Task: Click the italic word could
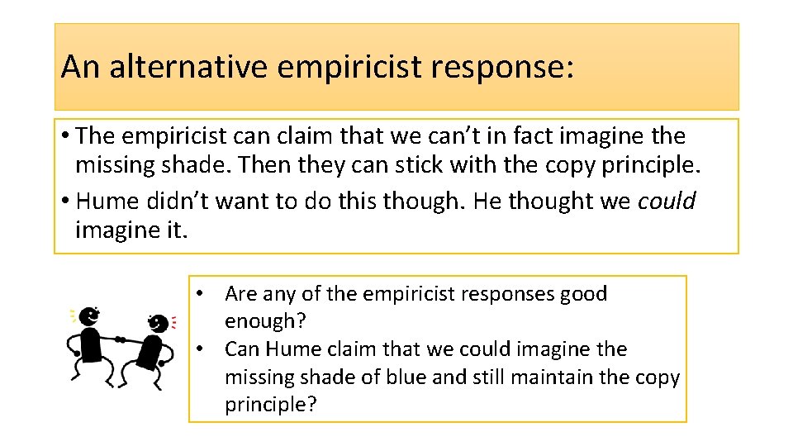667,201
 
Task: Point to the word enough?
260,321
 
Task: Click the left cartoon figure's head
92,315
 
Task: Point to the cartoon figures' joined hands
121,339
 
